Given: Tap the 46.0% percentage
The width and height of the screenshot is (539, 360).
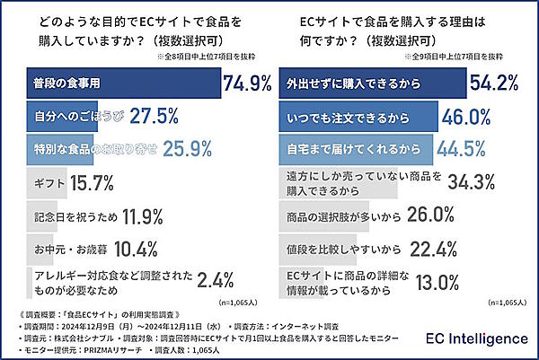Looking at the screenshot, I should (467, 116).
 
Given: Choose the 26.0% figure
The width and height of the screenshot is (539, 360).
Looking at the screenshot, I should (431, 215).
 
